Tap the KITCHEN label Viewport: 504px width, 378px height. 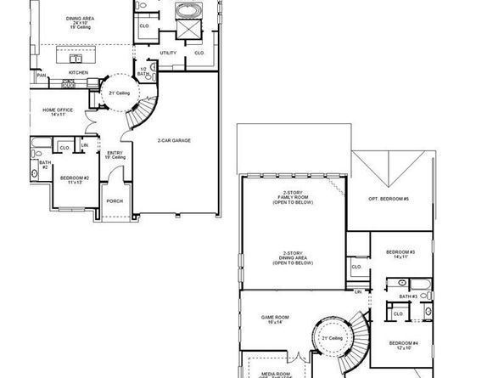[x=78, y=72]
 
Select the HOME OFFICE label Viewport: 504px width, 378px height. [x=58, y=110]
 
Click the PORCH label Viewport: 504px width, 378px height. [x=114, y=201]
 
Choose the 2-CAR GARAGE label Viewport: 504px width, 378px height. [x=174, y=140]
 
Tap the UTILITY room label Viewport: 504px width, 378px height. [x=168, y=53]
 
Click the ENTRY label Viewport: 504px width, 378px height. [x=115, y=154]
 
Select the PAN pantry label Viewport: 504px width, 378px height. [x=41, y=76]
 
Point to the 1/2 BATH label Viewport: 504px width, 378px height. [x=143, y=71]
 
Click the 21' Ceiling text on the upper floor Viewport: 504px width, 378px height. [x=332, y=338]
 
